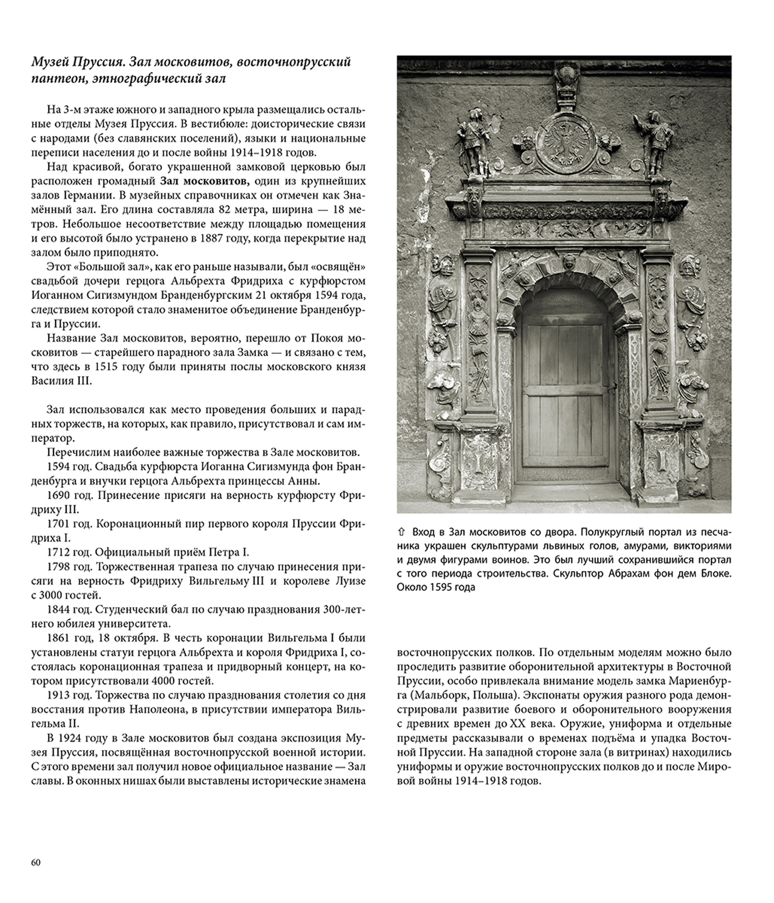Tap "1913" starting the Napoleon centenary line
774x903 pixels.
58,695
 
